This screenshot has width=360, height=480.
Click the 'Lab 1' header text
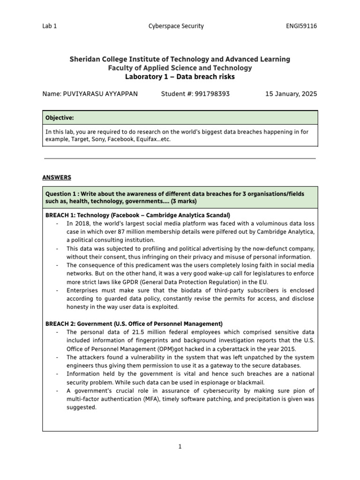(49, 26)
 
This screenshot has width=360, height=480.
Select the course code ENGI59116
(301, 26)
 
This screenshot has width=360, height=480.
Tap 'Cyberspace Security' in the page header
(176, 26)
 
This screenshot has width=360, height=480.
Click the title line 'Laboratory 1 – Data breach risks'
(180, 76)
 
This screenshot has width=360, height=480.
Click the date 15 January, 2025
(291, 94)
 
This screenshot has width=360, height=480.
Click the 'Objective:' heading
(60, 117)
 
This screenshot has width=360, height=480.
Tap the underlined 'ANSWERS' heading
(57, 177)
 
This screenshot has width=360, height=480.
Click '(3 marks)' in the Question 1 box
(184, 201)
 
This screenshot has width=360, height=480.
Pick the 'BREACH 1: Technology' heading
(77, 215)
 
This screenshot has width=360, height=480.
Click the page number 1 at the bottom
(180, 447)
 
